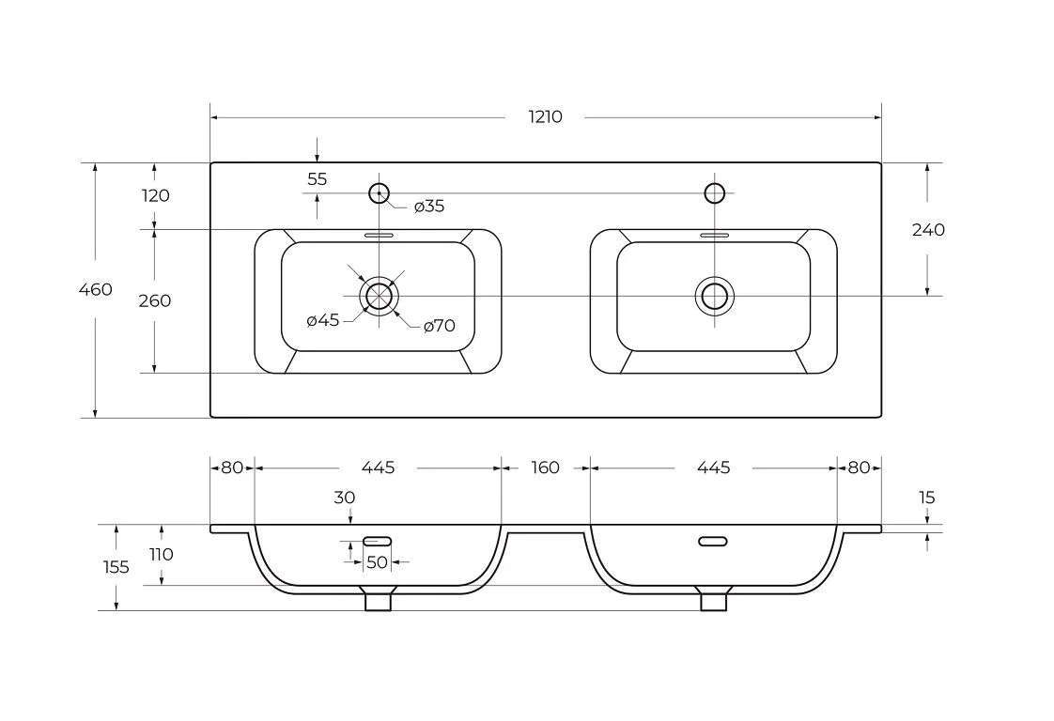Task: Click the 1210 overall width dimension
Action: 546,117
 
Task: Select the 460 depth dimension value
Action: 95,289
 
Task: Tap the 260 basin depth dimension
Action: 155,300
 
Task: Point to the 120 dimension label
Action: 155,195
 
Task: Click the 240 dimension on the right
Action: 928,230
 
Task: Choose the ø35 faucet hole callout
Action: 428,207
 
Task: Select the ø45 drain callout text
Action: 323,320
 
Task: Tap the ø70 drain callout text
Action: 439,326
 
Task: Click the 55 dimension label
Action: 318,178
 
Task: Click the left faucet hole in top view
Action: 379,193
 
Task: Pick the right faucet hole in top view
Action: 715,193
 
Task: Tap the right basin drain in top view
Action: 715,296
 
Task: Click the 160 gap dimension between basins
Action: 545,468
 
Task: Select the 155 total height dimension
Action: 116,567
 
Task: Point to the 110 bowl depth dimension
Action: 162,554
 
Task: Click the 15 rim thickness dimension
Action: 927,498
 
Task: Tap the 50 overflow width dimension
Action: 377,562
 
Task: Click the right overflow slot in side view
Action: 713,541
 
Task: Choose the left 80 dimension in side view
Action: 232,468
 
